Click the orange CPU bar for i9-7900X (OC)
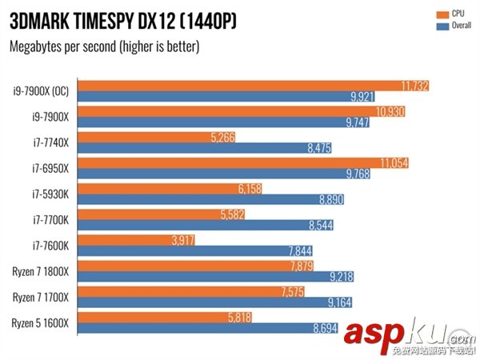tap(240, 86)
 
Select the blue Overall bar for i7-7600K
tap(200, 250)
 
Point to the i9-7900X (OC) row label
tap(40, 90)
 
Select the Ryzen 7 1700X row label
tap(40, 297)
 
